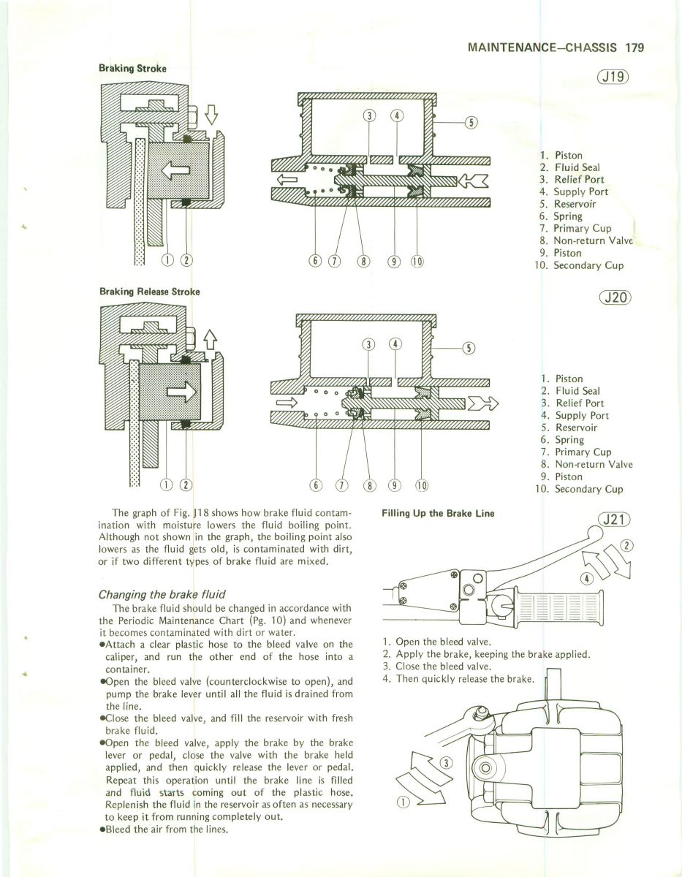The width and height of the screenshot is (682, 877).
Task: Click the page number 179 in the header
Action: [633, 49]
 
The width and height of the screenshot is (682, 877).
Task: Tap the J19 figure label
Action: [613, 77]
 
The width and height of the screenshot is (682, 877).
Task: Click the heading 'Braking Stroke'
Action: [132, 69]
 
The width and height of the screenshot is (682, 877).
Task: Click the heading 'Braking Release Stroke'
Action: [149, 290]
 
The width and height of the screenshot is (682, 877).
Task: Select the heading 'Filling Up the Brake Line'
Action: [438, 513]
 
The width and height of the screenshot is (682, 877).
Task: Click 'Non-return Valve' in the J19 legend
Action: [593, 240]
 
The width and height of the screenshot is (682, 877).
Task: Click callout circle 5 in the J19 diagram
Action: [471, 122]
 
